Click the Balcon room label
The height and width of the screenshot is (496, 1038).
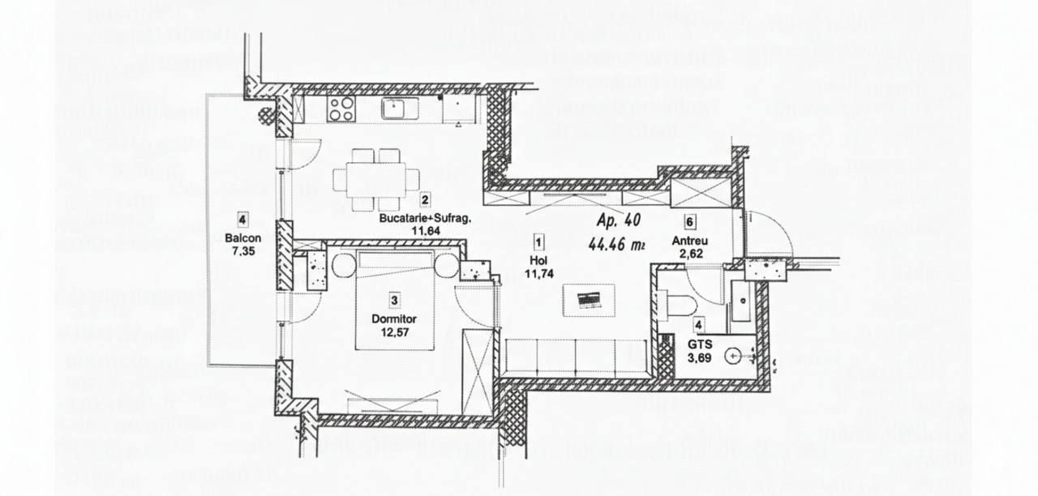pyautogui.click(x=242, y=238)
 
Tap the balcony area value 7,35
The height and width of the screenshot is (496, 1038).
pyautogui.click(x=243, y=251)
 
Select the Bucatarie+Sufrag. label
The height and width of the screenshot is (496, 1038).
pyautogui.click(x=425, y=218)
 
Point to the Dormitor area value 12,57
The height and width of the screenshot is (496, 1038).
pyautogui.click(x=395, y=332)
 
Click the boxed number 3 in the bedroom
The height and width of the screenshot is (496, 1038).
pyautogui.click(x=394, y=301)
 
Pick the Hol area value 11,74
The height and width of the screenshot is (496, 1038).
pyautogui.click(x=539, y=274)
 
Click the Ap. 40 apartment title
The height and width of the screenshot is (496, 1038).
pyautogui.click(x=619, y=220)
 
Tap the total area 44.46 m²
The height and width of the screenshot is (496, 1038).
pyautogui.click(x=616, y=244)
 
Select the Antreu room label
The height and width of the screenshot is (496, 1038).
pyautogui.click(x=690, y=241)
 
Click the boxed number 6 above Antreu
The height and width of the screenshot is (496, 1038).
pyautogui.click(x=689, y=222)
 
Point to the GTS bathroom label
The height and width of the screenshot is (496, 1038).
pyautogui.click(x=700, y=344)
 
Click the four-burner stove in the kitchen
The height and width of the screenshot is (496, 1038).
pyautogui.click(x=341, y=109)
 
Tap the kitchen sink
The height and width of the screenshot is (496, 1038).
pyautogui.click(x=393, y=109)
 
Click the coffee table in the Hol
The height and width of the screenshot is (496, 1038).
pyautogui.click(x=589, y=300)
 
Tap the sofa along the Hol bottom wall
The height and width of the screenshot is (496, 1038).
pyautogui.click(x=576, y=358)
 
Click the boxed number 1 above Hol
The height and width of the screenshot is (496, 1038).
pyautogui.click(x=538, y=242)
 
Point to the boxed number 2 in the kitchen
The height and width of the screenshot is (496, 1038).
pyautogui.click(x=425, y=199)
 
